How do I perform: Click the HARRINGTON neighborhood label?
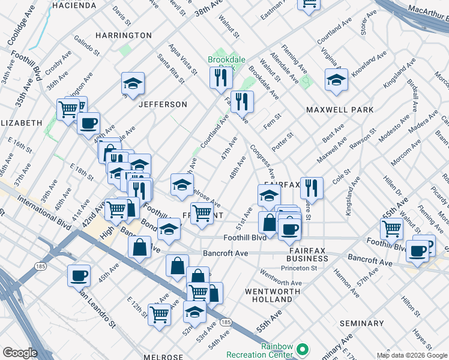pyautogui.click(x=124, y=35)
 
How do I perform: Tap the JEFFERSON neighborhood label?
pyautogui.click(x=163, y=104)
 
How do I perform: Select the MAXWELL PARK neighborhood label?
pyautogui.click(x=340, y=110)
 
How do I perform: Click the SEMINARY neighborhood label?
pyautogui.click(x=361, y=323)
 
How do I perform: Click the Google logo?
pyautogui.click(x=20, y=353)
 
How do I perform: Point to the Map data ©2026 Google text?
pyautogui.click(x=412, y=355)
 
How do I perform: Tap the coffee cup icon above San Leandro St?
pyautogui.click(x=79, y=275)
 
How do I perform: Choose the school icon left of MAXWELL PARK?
pyautogui.click(x=336, y=79)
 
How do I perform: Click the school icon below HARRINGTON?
pyautogui.click(x=133, y=83)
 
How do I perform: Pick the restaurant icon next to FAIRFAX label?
pyautogui.click(x=312, y=188)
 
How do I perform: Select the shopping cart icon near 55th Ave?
pyautogui.click(x=391, y=228)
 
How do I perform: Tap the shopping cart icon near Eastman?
pyautogui.click(x=309, y=5)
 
